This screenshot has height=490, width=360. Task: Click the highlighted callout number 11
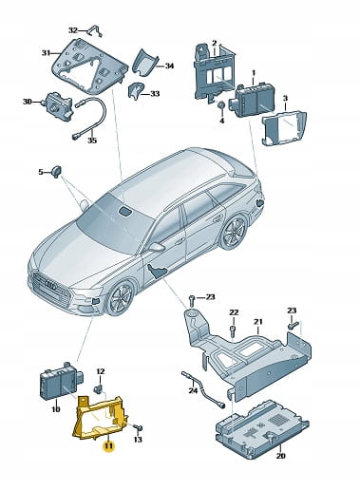109,445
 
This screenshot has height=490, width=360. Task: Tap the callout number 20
280,456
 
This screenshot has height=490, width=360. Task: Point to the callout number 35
92,141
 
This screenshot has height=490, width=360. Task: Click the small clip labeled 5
57,171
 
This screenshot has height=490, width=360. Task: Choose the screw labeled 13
138,428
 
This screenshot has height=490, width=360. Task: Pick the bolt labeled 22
234,329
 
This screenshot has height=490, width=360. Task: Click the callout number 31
47,53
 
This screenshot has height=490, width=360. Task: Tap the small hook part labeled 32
94,31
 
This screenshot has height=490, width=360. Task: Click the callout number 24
193,390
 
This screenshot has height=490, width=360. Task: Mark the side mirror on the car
157,247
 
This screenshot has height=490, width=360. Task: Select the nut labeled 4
221,105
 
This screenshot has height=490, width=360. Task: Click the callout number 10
56,409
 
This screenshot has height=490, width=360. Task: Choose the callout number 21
258,322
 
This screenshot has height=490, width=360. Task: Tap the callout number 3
285,99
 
